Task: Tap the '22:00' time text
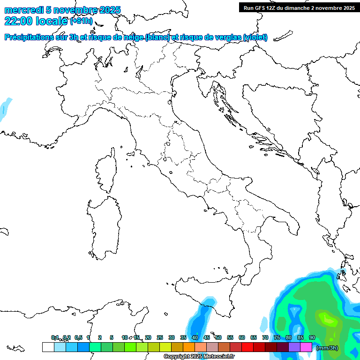click(18, 21)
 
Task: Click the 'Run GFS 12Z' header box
click(299, 7)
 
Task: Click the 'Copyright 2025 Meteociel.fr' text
click(199, 357)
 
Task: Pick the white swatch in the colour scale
click(48, 347)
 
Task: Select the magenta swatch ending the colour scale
click(306, 347)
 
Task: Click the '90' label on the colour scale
click(312, 337)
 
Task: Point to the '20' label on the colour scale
click(148, 337)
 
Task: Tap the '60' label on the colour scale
click(242, 337)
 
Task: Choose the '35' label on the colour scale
click(183, 337)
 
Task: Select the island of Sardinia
click(102, 225)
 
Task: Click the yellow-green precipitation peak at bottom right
click(328, 320)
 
